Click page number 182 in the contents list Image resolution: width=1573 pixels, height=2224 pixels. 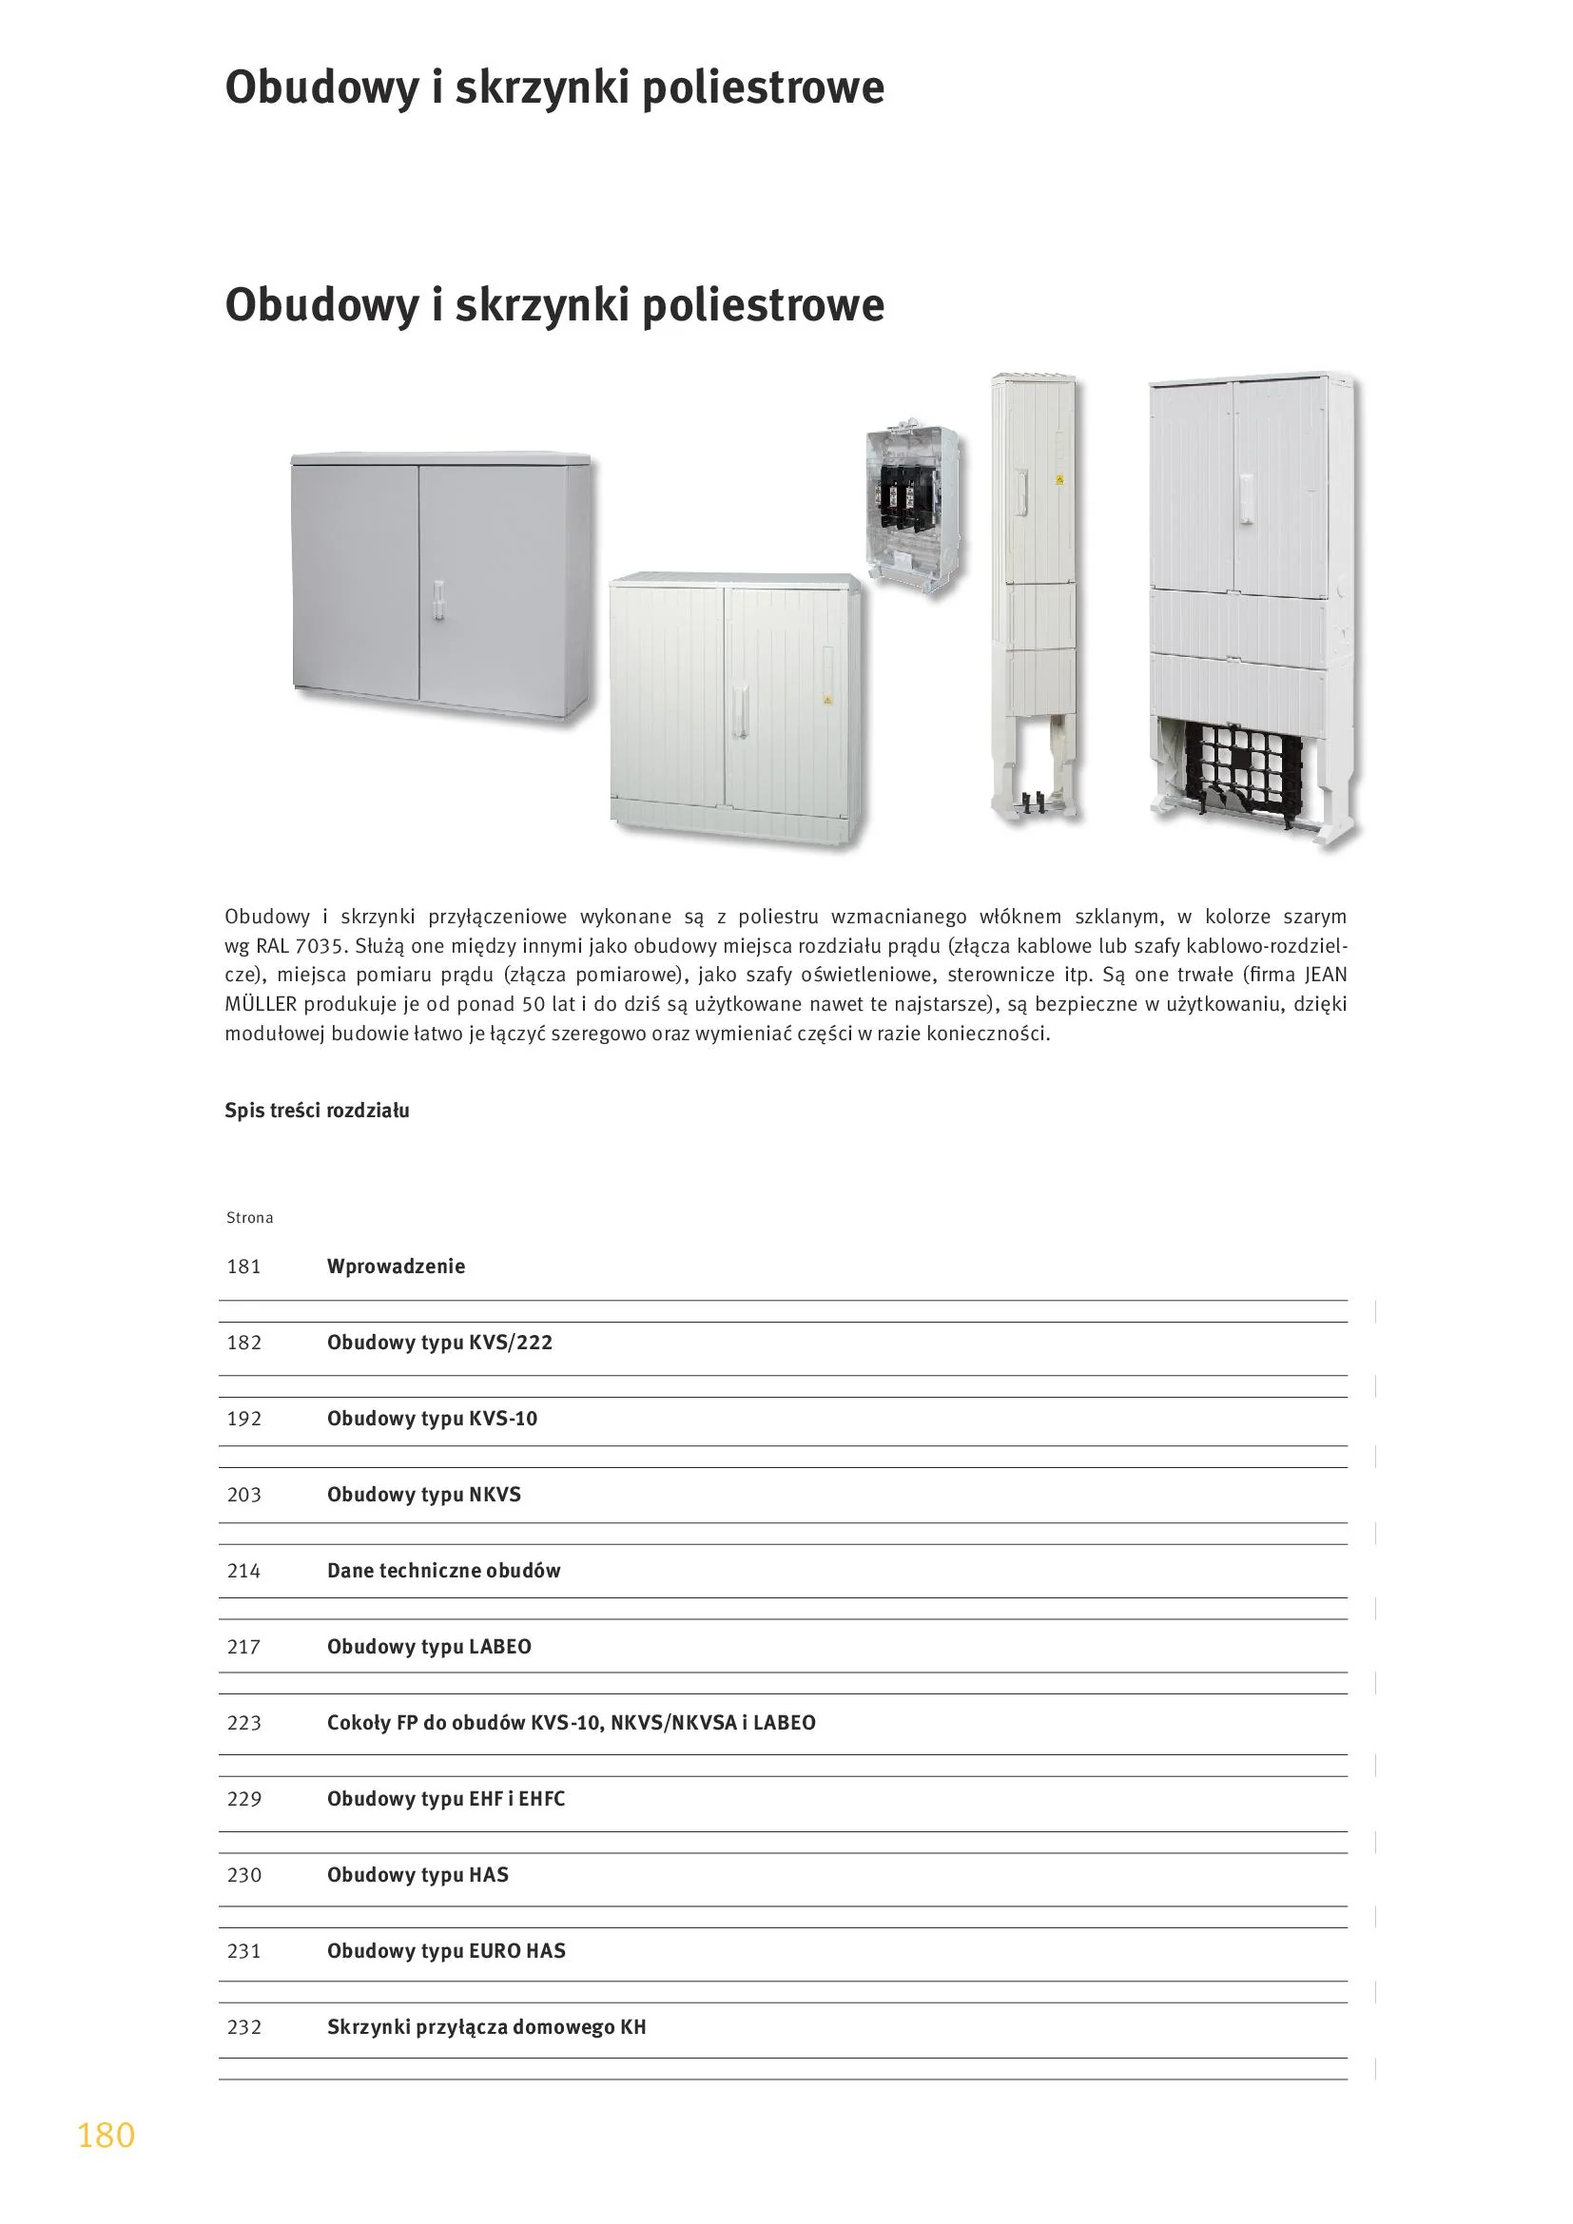[x=244, y=1343]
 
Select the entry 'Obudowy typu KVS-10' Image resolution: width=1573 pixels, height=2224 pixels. [x=432, y=1419]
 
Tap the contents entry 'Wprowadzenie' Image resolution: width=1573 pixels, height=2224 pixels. [x=396, y=1266]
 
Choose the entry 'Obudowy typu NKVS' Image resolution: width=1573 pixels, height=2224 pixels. [x=423, y=1495]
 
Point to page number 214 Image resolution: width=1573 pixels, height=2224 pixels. [x=244, y=1571]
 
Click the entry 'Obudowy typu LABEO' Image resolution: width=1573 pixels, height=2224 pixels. [x=429, y=1647]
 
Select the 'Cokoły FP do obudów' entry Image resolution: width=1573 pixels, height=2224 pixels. [x=571, y=1723]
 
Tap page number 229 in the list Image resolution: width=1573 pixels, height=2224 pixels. [x=244, y=1799]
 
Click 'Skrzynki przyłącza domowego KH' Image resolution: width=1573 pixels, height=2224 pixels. [x=486, y=2027]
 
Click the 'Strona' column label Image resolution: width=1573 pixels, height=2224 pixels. [x=250, y=1218]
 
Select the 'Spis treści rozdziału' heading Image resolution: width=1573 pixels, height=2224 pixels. [x=317, y=1111]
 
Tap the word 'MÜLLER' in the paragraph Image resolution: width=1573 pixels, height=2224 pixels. [x=261, y=1004]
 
